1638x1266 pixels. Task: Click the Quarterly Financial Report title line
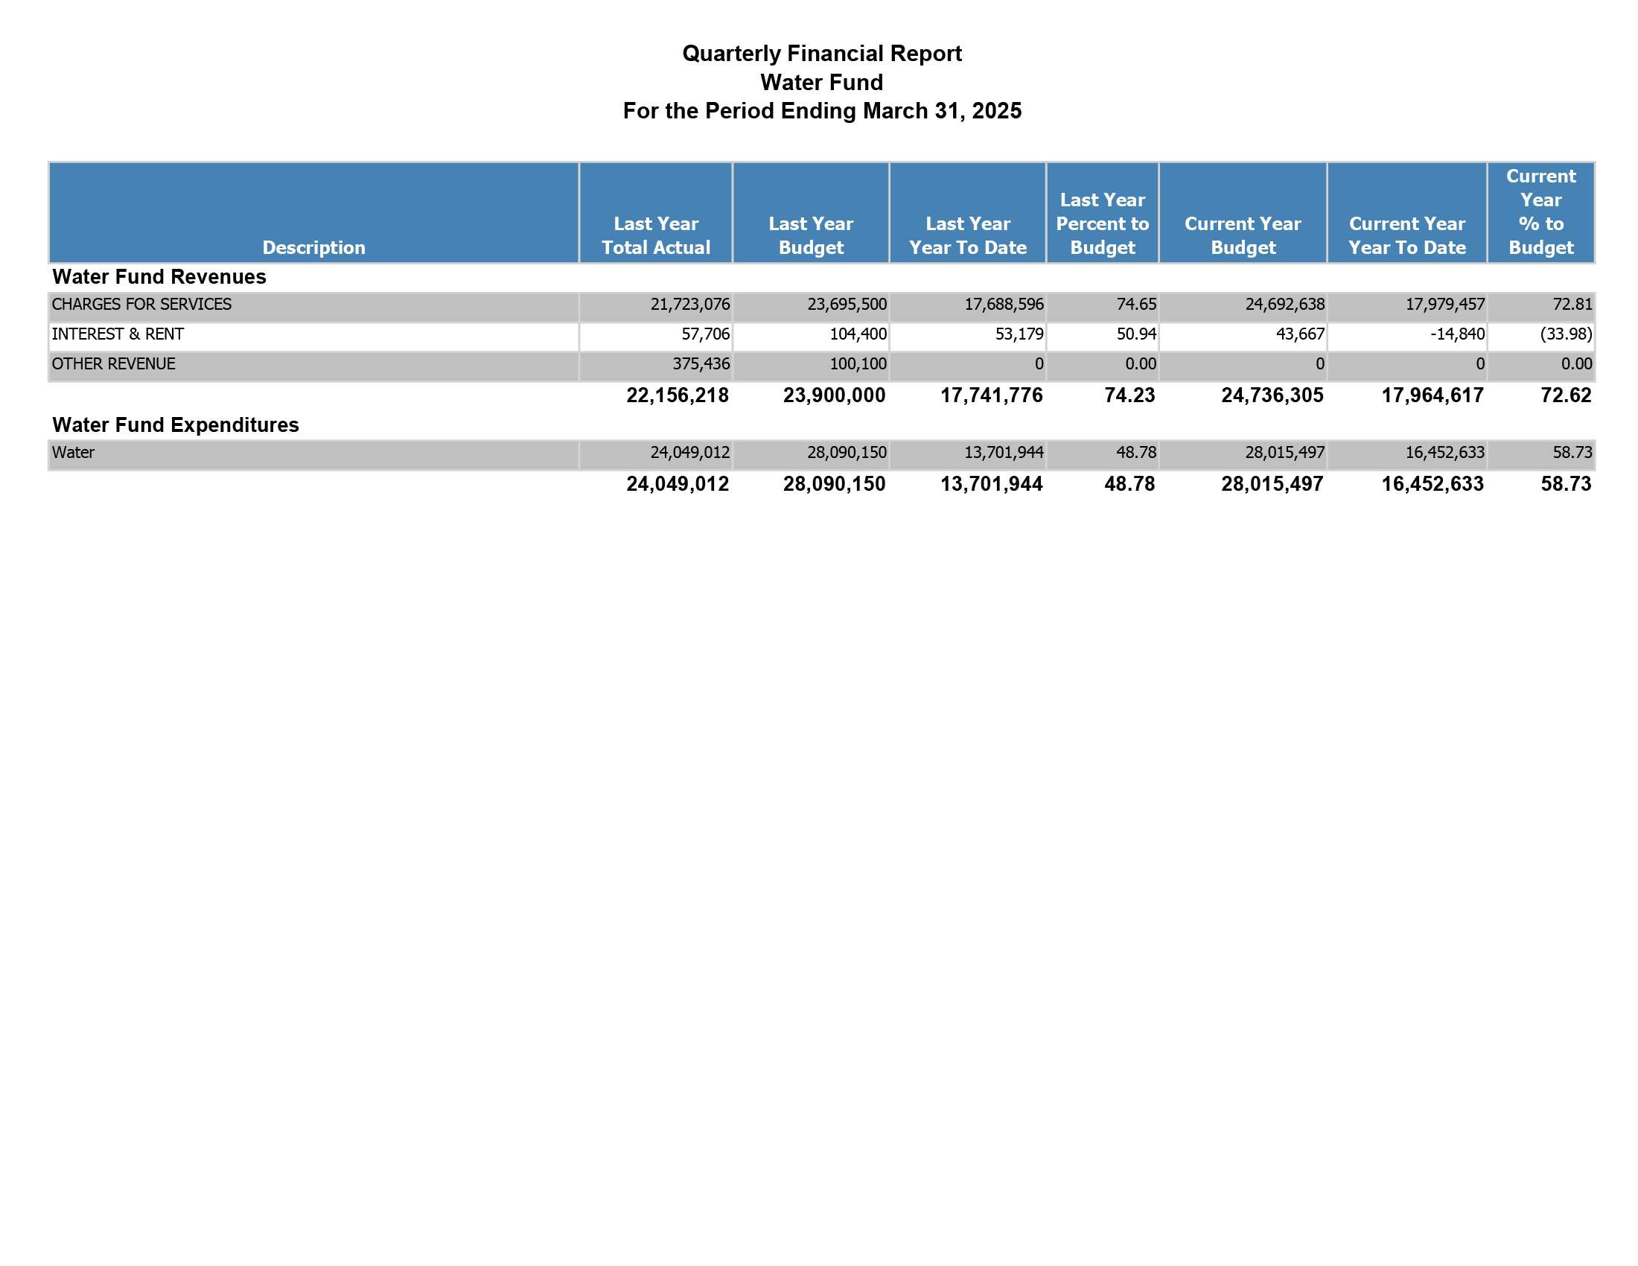click(821, 54)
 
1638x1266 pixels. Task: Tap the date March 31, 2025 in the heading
click(942, 111)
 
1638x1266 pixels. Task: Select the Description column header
click(313, 247)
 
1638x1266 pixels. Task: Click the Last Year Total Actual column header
click(655, 235)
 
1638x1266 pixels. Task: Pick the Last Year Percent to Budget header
click(1103, 223)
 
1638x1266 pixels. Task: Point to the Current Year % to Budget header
click(1540, 211)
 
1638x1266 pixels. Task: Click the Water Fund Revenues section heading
click(159, 277)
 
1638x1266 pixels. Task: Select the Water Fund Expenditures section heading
click(176, 425)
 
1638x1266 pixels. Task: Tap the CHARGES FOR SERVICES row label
click(141, 305)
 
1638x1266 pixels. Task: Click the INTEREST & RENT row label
click(118, 334)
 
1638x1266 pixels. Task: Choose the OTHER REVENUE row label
click(113, 363)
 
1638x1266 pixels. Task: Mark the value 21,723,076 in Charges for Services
click(690, 305)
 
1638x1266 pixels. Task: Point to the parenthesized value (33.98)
click(1566, 334)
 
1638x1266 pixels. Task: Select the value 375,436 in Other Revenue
click(701, 364)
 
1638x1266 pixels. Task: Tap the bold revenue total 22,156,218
click(678, 395)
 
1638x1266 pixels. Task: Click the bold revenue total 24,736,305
click(1272, 395)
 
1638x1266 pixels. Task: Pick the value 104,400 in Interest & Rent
click(858, 334)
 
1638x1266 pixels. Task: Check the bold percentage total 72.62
click(1566, 395)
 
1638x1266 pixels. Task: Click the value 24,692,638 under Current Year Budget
click(1285, 305)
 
